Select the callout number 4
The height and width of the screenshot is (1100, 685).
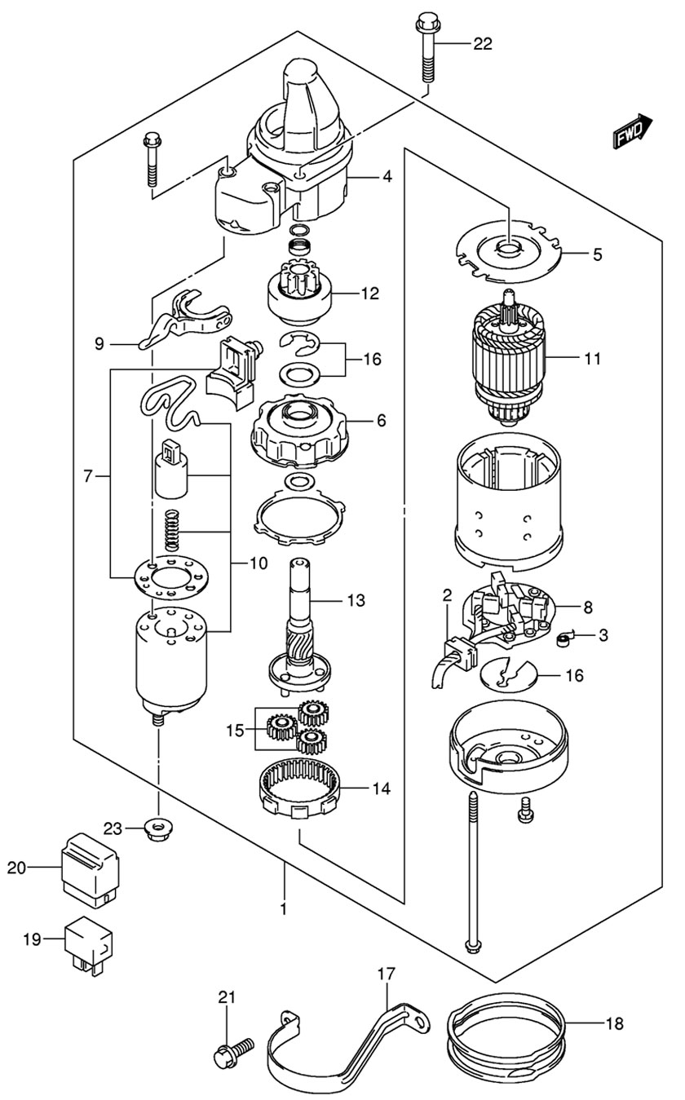(387, 175)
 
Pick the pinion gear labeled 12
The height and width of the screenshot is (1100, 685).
(302, 294)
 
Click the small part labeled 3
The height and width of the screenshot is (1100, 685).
(562, 641)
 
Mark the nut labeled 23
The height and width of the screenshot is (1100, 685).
(156, 829)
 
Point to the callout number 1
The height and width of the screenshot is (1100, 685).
(284, 908)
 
